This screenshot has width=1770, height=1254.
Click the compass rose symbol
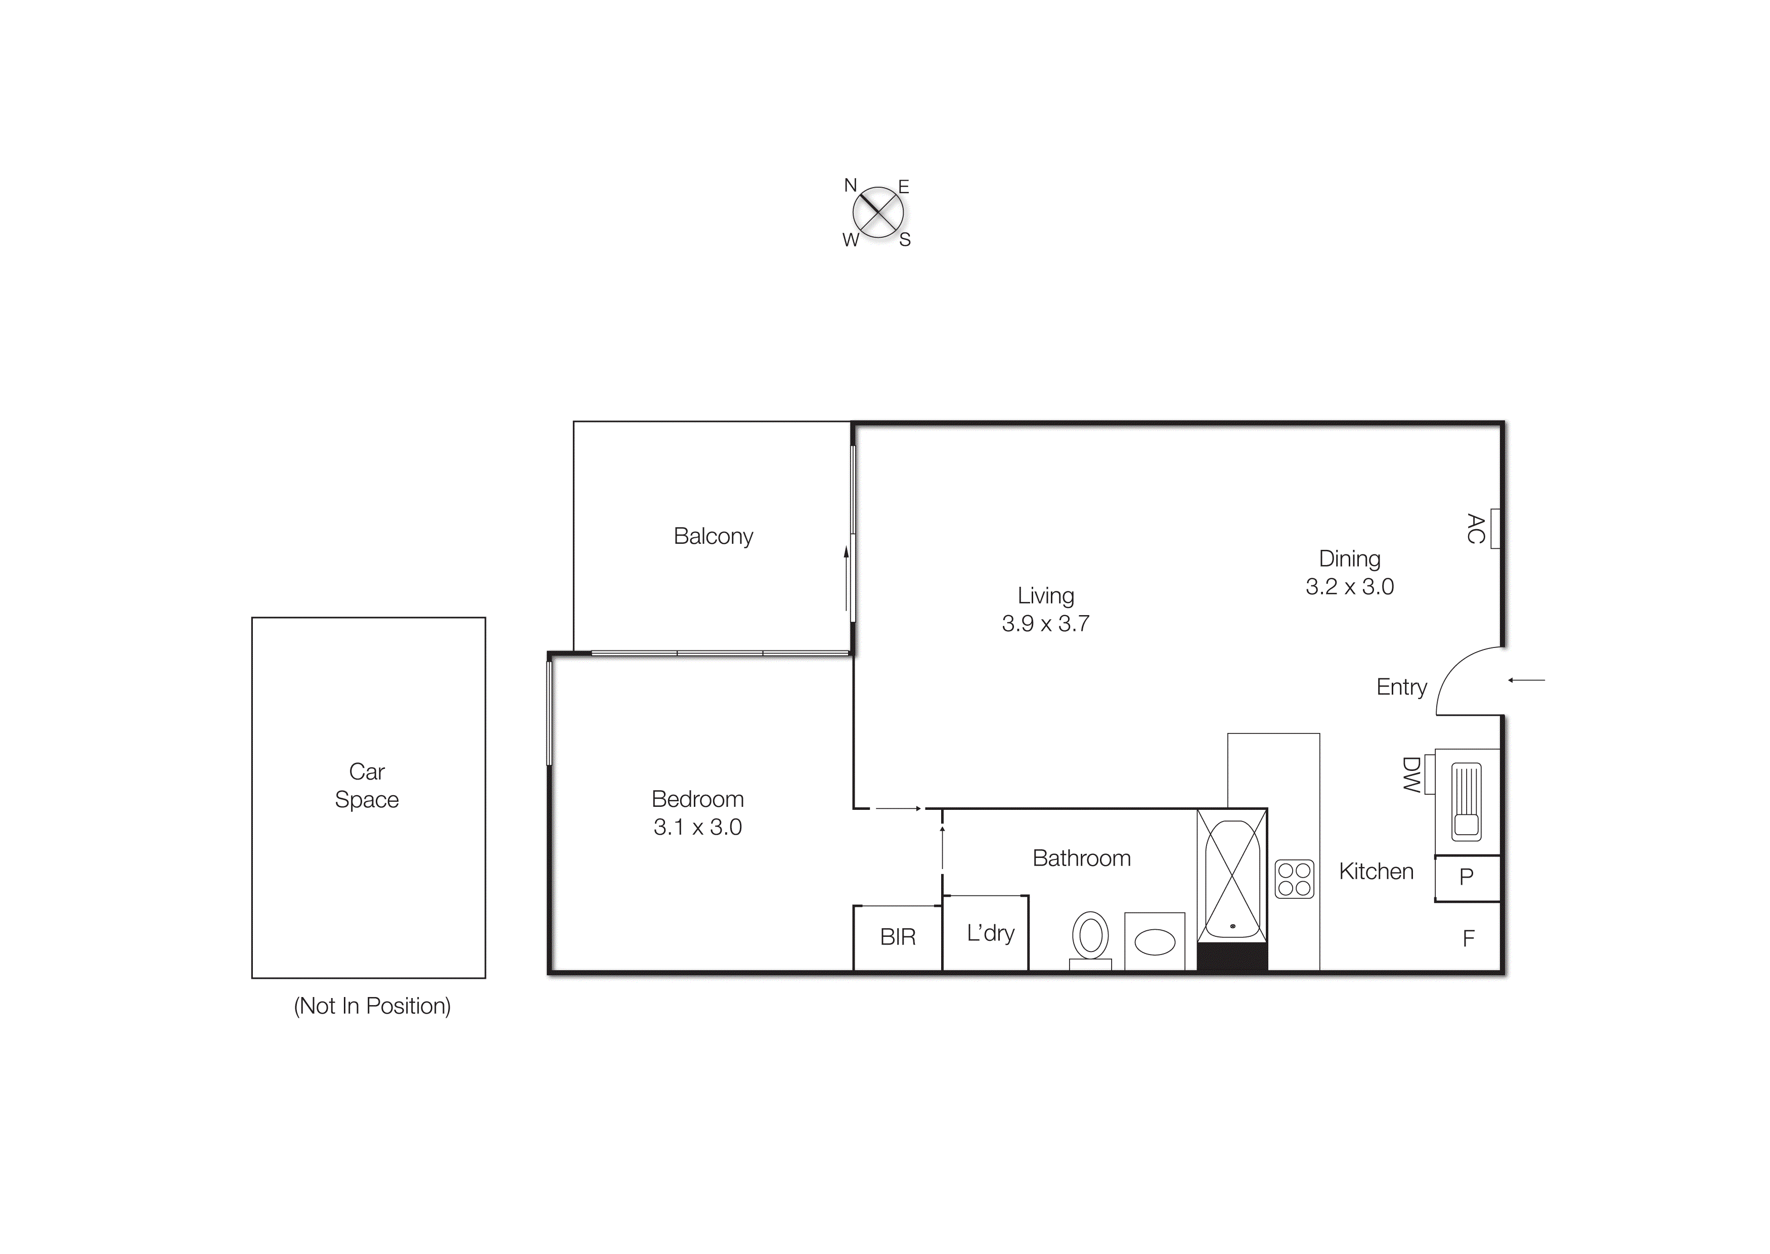(877, 212)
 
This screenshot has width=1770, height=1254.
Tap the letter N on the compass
(851, 185)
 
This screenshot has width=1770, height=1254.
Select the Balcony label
(713, 536)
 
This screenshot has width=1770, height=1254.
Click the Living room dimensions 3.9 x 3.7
(1045, 623)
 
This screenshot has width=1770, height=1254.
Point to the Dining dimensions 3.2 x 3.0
(1349, 586)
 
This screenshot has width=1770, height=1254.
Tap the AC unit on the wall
(1494, 529)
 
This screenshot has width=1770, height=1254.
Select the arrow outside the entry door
(1526, 680)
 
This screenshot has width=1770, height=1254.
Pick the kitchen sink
(1467, 801)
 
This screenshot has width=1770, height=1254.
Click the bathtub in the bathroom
(1232, 880)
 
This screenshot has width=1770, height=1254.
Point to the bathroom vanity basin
(1155, 942)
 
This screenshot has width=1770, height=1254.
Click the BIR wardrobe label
(898, 937)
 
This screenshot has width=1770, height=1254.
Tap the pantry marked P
(1467, 877)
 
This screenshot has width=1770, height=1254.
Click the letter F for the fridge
(1468, 938)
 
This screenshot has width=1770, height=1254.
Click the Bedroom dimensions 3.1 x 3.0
(698, 827)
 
